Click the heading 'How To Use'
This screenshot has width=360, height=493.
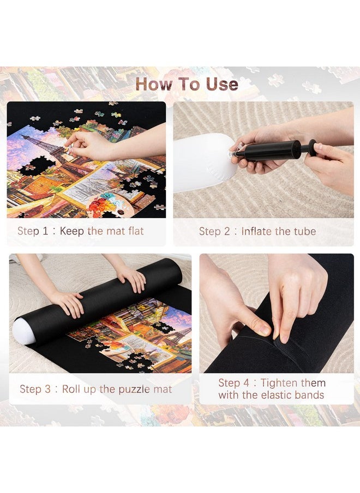[x=187, y=84]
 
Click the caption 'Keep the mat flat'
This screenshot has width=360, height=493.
[x=101, y=231]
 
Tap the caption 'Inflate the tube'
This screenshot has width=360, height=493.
[x=278, y=231]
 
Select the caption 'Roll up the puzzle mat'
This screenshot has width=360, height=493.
[x=117, y=389]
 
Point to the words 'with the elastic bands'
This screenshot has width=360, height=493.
[x=271, y=395]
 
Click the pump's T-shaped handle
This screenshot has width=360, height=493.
[x=311, y=148]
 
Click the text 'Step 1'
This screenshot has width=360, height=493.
[x=33, y=231]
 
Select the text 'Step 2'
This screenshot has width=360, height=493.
[x=214, y=231]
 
